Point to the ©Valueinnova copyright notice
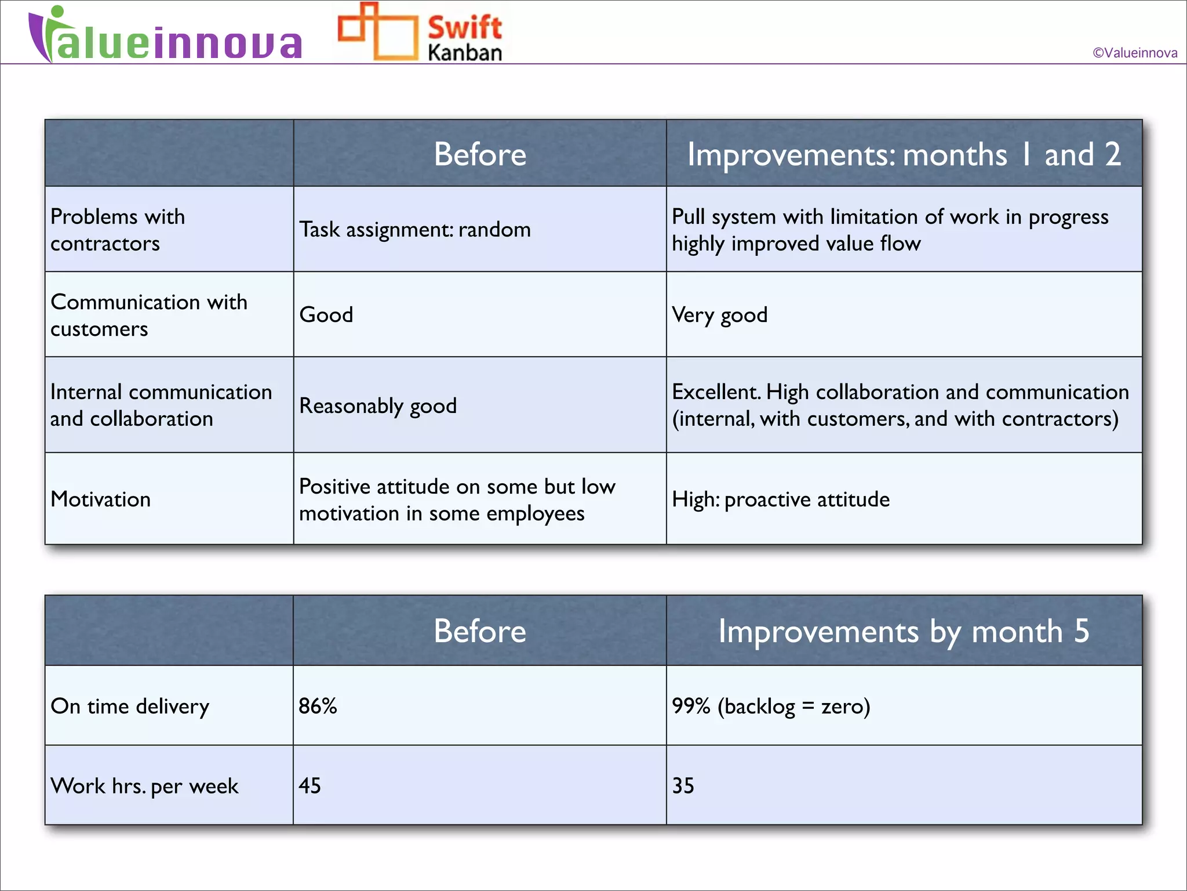pyautogui.click(x=1134, y=53)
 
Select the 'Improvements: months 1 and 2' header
pyautogui.click(x=904, y=154)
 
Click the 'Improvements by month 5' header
pyautogui.click(x=904, y=631)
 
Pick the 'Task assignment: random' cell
pyautogui.click(x=414, y=230)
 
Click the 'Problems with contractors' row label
pyautogui.click(x=118, y=230)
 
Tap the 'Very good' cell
pyautogui.click(x=719, y=315)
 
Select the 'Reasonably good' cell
pyautogui.click(x=378, y=405)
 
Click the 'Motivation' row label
pyautogui.click(x=101, y=499)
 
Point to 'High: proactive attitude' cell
pyautogui.click(x=780, y=499)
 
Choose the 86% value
pyautogui.click(x=318, y=706)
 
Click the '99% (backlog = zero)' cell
pyautogui.click(x=771, y=706)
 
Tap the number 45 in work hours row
pyautogui.click(x=310, y=785)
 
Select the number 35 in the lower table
pyautogui.click(x=683, y=785)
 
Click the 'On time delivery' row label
pyautogui.click(x=130, y=706)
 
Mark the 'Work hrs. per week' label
pyautogui.click(x=144, y=786)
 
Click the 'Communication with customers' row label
pyautogui.click(x=148, y=315)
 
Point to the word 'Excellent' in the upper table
pyautogui.click(x=716, y=392)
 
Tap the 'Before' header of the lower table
pyautogui.click(x=480, y=631)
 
